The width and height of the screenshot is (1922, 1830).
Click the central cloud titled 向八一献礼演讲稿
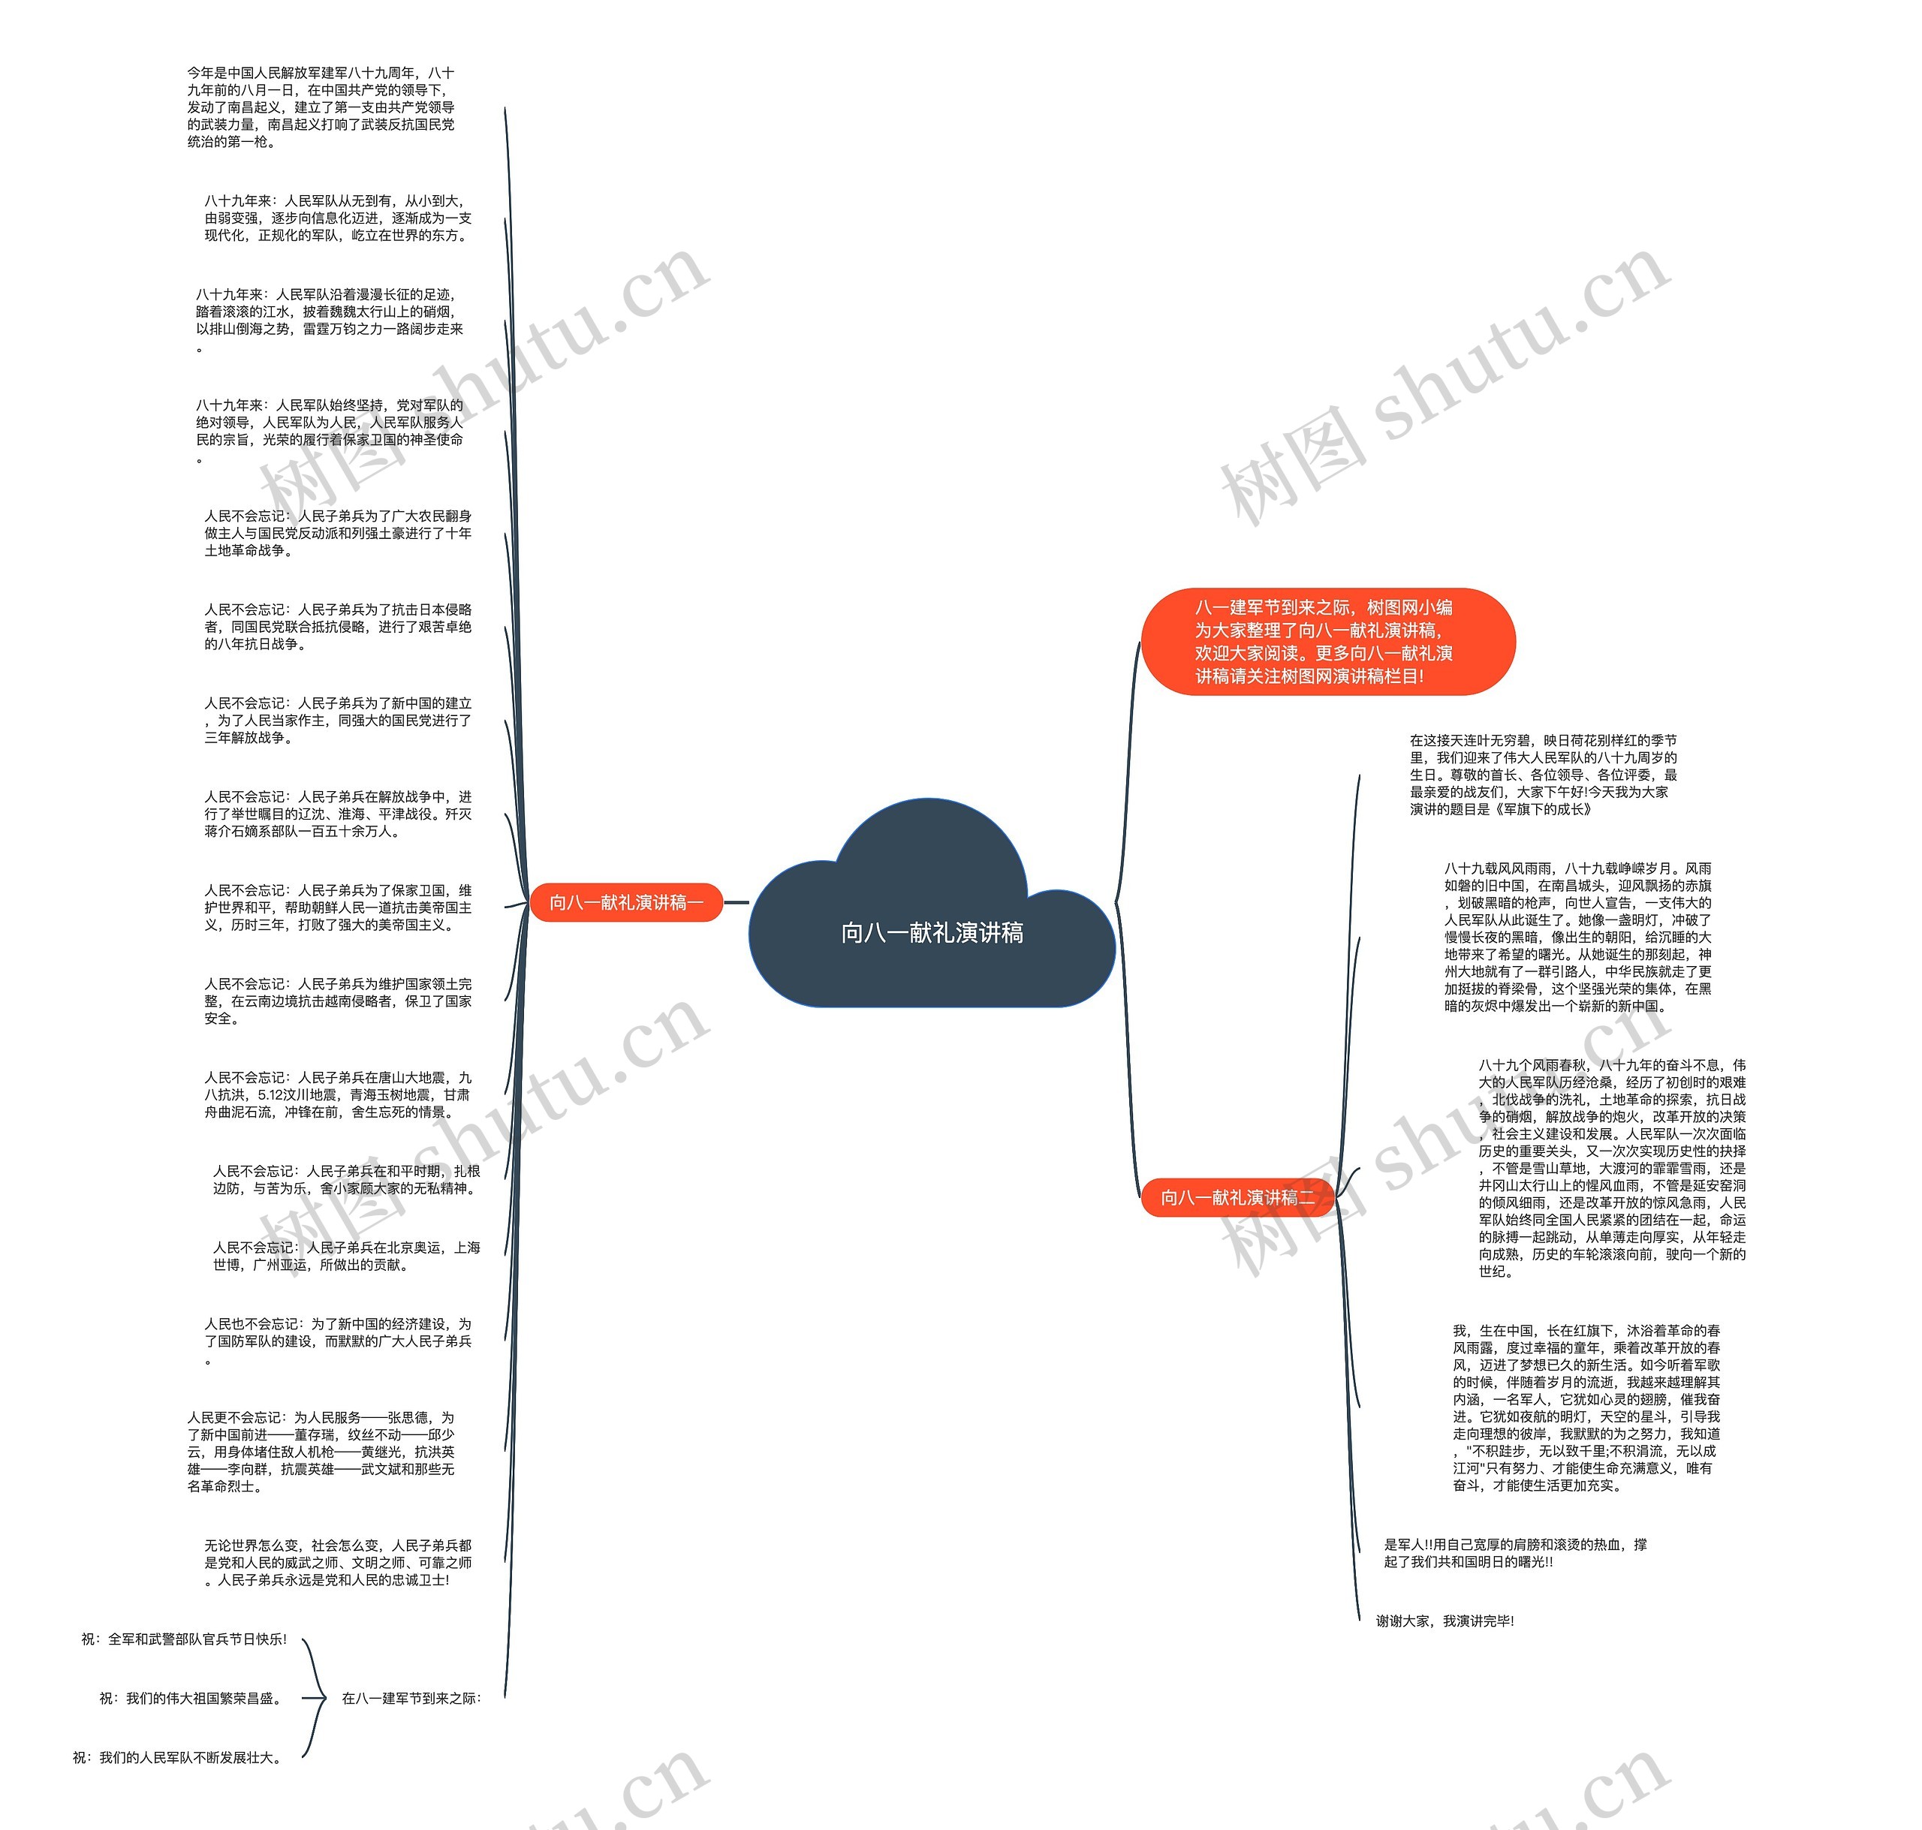pos(932,932)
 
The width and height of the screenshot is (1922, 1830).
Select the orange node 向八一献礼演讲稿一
pos(625,902)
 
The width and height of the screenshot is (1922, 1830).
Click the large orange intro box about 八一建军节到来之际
pos(1327,641)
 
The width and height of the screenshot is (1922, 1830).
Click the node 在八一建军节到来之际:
pos(411,1699)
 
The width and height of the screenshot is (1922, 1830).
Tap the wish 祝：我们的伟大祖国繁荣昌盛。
pos(192,1699)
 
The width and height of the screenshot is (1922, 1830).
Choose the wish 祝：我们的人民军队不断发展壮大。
pos(179,1758)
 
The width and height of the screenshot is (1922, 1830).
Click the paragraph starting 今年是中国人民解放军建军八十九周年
pos(321,107)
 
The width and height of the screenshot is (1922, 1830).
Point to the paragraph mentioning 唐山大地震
pos(338,1094)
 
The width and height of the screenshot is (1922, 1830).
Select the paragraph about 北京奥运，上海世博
pos(346,1256)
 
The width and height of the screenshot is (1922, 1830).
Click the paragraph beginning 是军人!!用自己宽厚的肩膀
pos(1515,1553)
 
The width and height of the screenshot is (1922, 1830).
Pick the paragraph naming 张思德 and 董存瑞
pos(321,1452)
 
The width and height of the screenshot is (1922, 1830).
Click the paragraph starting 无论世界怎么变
pos(338,1563)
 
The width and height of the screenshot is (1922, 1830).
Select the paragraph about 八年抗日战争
pos(338,626)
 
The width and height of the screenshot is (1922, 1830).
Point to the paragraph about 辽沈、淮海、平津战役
pos(338,814)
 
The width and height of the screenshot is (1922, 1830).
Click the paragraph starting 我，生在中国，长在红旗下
pos(1586,1407)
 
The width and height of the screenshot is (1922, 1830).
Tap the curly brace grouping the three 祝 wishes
pos(314,1699)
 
